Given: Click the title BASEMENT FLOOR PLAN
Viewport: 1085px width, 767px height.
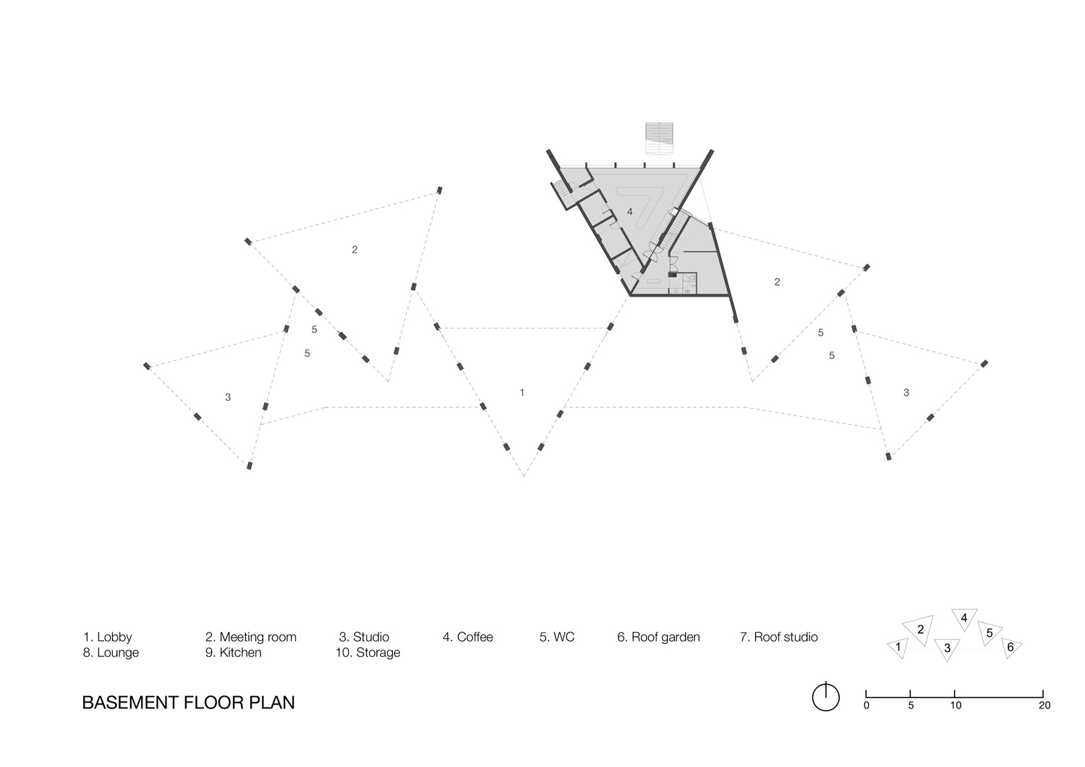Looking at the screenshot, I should [x=188, y=703].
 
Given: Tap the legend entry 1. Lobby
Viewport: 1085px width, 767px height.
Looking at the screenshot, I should [x=107, y=637].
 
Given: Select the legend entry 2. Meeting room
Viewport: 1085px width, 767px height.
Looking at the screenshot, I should [x=250, y=637].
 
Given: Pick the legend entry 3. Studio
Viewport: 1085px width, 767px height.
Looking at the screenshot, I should [x=364, y=637].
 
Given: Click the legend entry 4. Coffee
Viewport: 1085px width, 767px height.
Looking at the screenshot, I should [x=467, y=637].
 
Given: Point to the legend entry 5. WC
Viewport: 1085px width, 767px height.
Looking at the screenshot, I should [x=556, y=637].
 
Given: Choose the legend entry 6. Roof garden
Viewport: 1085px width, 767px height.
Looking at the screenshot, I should [x=658, y=637].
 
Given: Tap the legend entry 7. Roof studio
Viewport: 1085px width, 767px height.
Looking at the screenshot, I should [x=778, y=637].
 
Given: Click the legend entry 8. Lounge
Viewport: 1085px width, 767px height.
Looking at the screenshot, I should [x=110, y=653].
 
